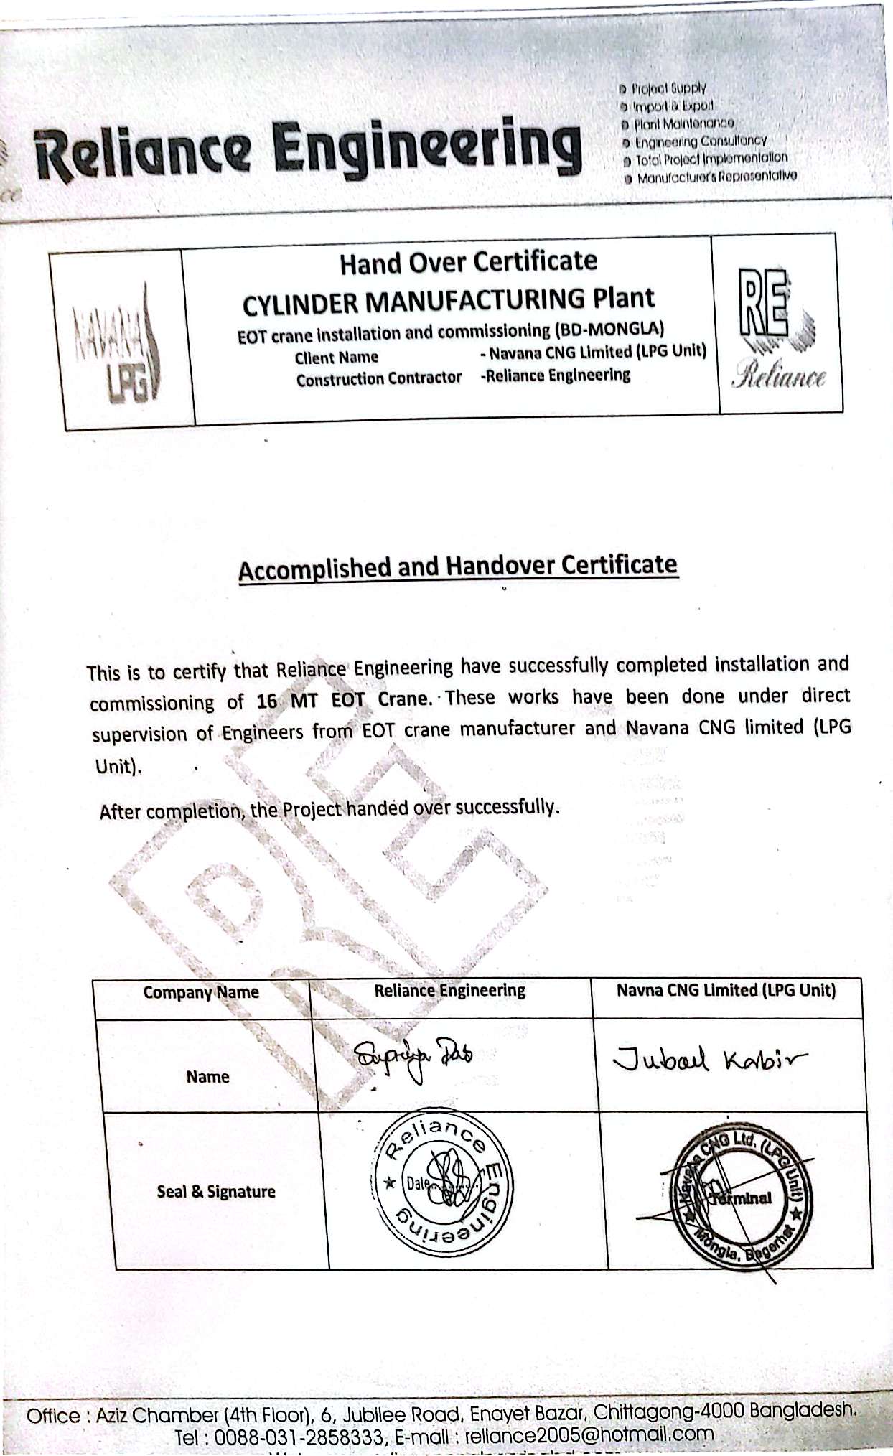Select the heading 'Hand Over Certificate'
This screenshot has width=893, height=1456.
pyautogui.click(x=468, y=262)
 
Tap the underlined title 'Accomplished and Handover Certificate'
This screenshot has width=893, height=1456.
pyautogui.click(x=458, y=567)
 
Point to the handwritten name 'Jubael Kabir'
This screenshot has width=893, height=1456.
pyautogui.click(x=709, y=1059)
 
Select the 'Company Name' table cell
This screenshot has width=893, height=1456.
pyautogui.click(x=201, y=992)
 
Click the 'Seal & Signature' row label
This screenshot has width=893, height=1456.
pyautogui.click(x=216, y=1192)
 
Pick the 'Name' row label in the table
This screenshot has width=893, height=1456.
pyautogui.click(x=207, y=1077)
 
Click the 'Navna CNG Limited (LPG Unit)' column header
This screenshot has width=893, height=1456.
pyautogui.click(x=726, y=991)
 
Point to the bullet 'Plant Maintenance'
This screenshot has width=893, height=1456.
pyautogui.click(x=683, y=123)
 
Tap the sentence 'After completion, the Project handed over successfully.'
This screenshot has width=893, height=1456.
pyautogui.click(x=329, y=809)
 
